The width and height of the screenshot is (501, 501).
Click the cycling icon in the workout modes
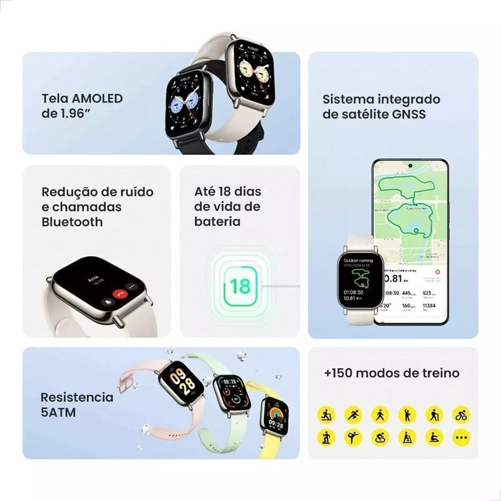tap(461, 414)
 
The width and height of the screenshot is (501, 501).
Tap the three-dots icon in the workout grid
tap(461, 436)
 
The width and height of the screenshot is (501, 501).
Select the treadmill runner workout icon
tap(326, 414)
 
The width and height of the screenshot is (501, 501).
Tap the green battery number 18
tap(239, 286)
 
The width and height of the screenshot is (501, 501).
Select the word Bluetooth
tap(72, 222)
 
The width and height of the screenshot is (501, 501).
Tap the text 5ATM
tap(58, 412)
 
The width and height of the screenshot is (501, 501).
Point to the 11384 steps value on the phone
tap(430, 306)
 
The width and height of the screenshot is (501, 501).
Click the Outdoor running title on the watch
tap(358, 260)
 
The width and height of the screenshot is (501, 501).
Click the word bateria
tap(217, 222)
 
